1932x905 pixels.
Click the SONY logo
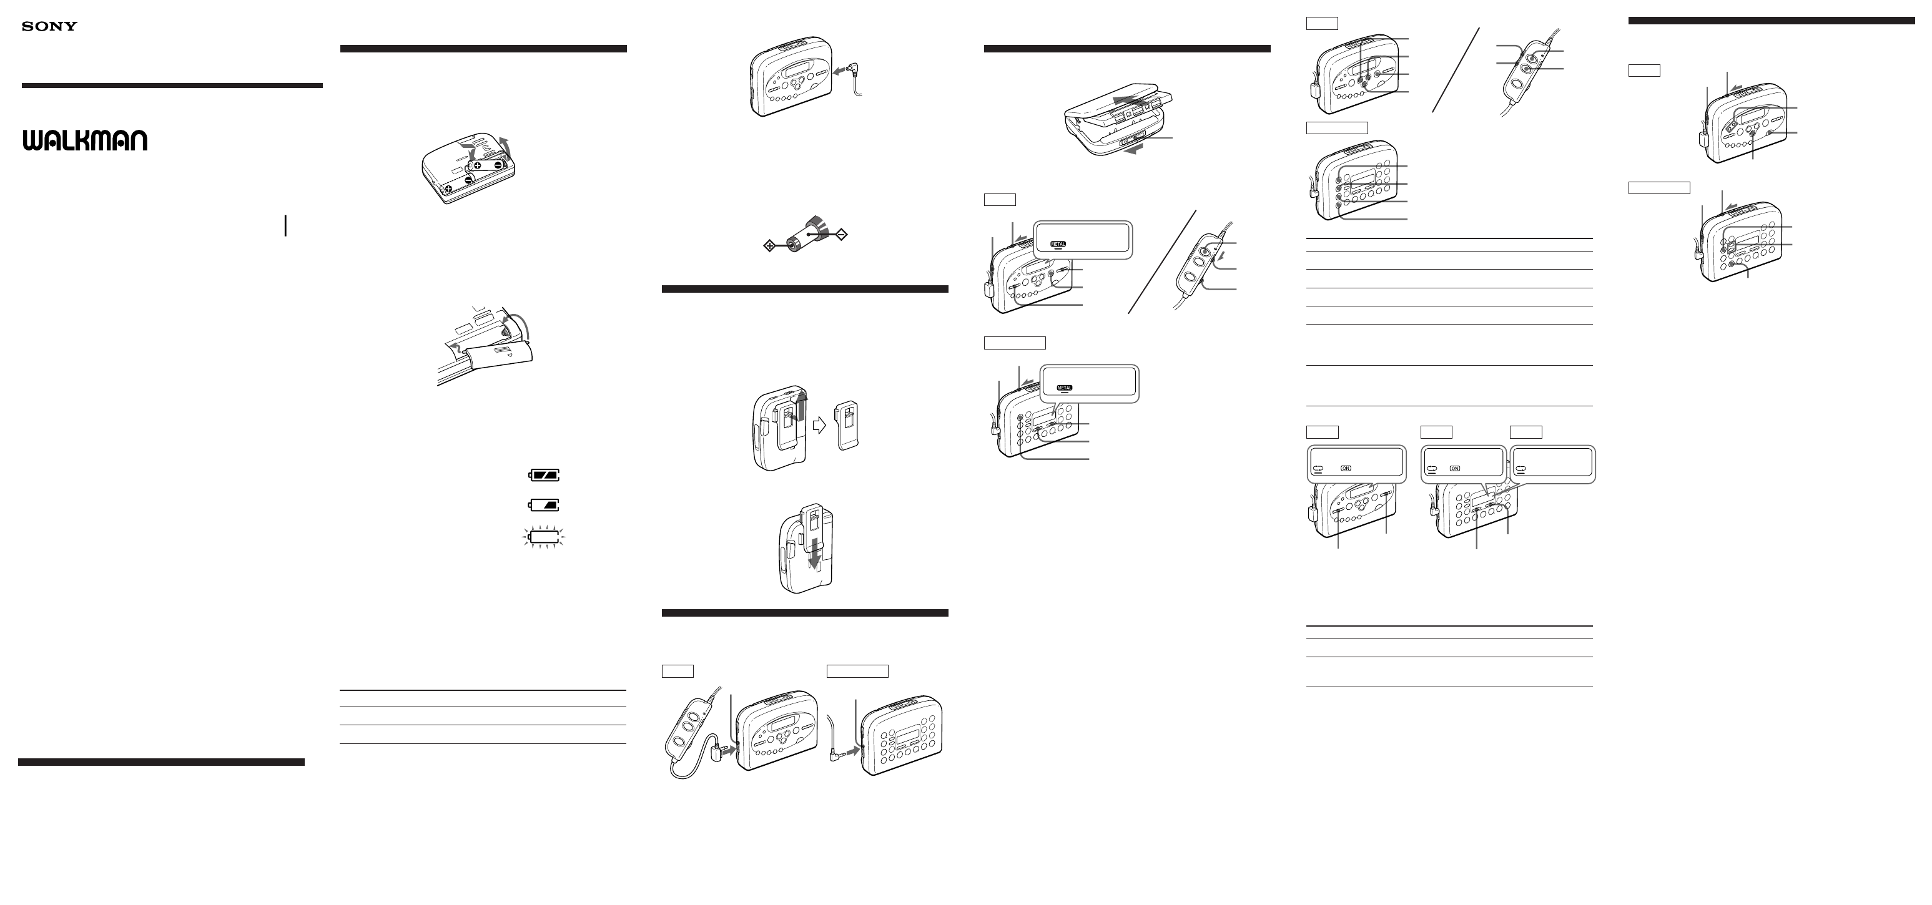pyautogui.click(x=49, y=26)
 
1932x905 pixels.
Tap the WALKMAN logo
pyautogui.click(x=85, y=141)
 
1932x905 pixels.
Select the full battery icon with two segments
pyautogui.click(x=545, y=474)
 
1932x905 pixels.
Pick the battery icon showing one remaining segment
pyautogui.click(x=545, y=504)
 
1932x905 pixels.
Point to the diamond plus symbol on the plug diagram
pyautogui.click(x=769, y=245)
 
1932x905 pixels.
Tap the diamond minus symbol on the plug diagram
pyautogui.click(x=842, y=235)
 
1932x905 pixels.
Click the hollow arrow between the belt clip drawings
pyautogui.click(x=820, y=426)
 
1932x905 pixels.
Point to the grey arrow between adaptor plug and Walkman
pyautogui.click(x=838, y=70)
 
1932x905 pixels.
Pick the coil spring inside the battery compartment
pyautogui.click(x=507, y=324)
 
